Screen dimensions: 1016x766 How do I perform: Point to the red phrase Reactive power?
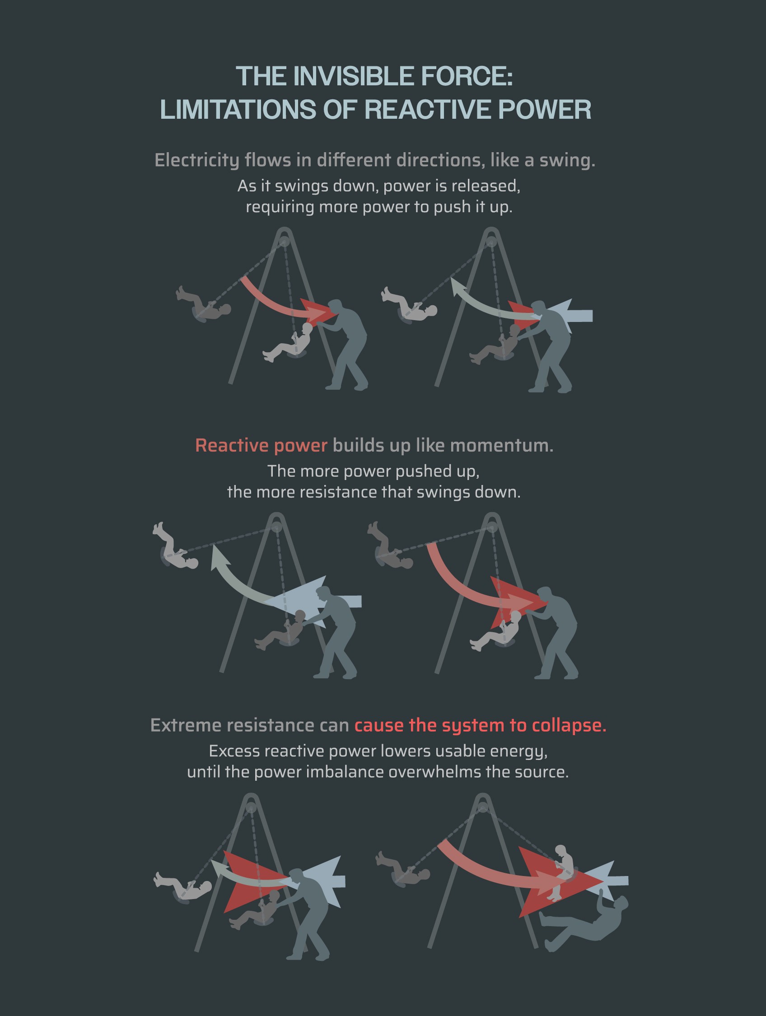pyautogui.click(x=261, y=446)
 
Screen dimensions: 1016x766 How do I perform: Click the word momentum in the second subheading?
pyautogui.click(x=501, y=446)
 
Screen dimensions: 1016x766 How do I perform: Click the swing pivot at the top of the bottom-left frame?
pyautogui.click(x=251, y=807)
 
